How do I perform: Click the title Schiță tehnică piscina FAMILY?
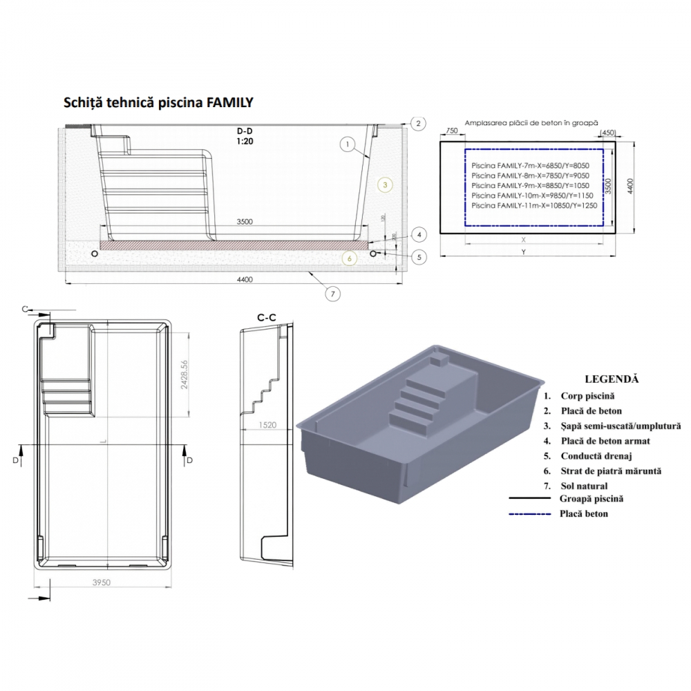click(158, 103)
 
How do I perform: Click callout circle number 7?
click(332, 293)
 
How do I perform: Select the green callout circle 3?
click(386, 184)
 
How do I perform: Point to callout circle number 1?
click(348, 144)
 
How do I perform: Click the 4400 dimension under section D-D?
click(243, 279)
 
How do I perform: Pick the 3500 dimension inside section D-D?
click(243, 221)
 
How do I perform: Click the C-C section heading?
click(267, 318)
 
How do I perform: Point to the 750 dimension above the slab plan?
click(452, 131)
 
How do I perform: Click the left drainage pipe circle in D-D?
click(95, 254)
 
